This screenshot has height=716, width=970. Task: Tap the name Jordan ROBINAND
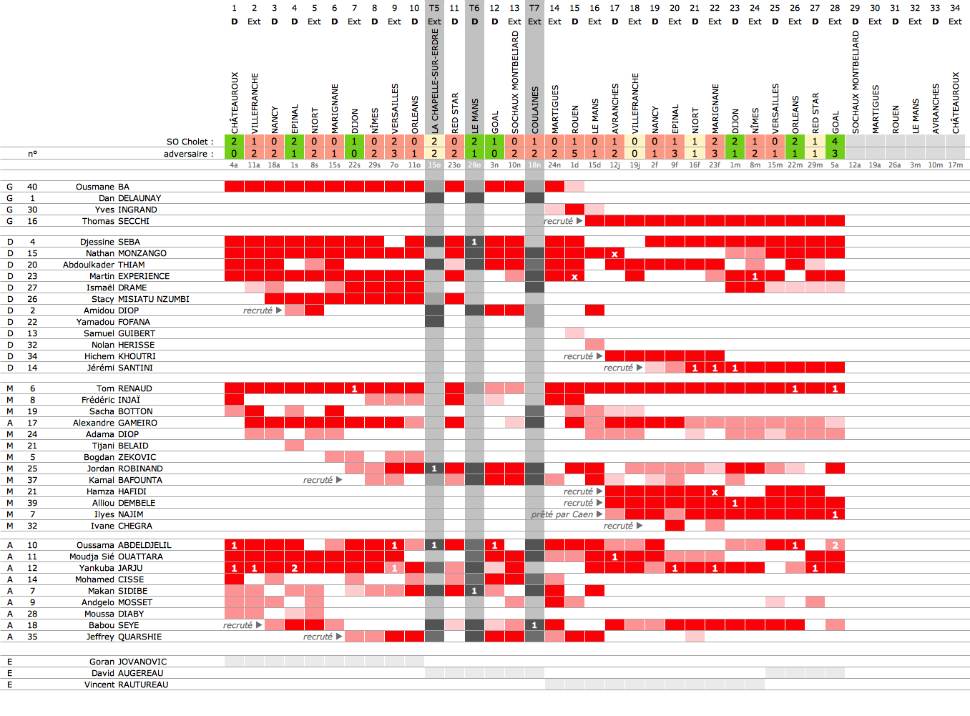tap(124, 469)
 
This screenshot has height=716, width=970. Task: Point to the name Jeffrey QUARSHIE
tap(124, 637)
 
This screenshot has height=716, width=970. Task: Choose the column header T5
tap(434, 8)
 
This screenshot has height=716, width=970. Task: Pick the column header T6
tap(474, 8)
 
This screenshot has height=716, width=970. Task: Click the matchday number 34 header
tap(955, 8)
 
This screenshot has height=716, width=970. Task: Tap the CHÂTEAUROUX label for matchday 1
tap(235, 102)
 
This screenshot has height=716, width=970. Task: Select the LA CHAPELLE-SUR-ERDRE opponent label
tap(435, 81)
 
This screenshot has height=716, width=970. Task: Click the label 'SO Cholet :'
tap(190, 142)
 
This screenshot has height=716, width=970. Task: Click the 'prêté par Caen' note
tap(562, 514)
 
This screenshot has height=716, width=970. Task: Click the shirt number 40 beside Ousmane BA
tap(32, 187)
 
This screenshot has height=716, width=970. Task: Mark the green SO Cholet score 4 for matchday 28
tap(835, 142)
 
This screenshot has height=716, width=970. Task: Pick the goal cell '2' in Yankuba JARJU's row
tap(294, 568)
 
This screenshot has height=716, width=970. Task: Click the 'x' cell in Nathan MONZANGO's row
tap(614, 253)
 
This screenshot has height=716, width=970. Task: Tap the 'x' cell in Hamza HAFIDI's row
tap(715, 491)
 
